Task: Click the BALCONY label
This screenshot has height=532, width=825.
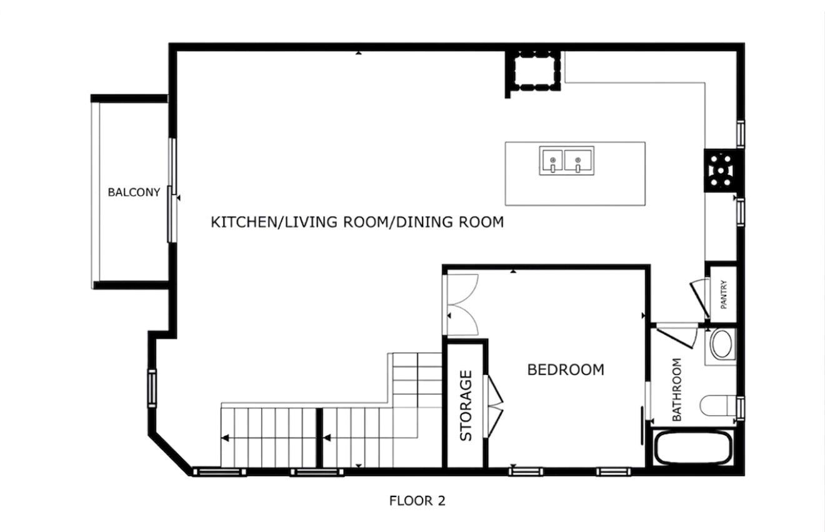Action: coord(134,193)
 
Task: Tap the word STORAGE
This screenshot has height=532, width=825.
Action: coord(466,406)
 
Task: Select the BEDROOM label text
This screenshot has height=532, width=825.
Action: coord(566,369)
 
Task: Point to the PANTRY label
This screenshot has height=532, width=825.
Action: coord(724,294)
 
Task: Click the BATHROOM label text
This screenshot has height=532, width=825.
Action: coord(676,389)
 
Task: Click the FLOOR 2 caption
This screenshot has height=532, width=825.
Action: coord(417,501)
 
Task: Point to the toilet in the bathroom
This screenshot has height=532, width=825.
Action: coord(719,405)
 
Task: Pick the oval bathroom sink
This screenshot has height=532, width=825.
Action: coord(722,344)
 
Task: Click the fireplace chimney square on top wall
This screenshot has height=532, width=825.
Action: coord(533,71)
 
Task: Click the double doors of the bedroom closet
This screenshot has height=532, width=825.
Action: coord(461,304)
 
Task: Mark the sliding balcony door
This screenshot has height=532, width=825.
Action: coord(172,191)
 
